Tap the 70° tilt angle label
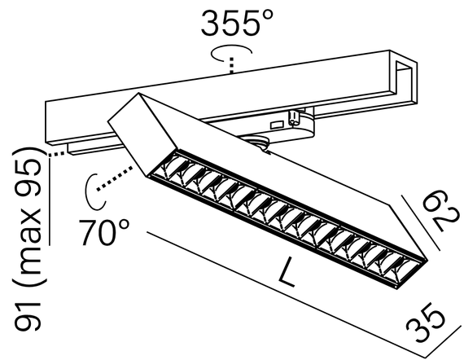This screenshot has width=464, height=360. pyautogui.click(x=105, y=233)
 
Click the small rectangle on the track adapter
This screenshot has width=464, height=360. pyautogui.click(x=277, y=124)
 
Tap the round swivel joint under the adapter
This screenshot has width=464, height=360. pyautogui.click(x=263, y=144)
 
